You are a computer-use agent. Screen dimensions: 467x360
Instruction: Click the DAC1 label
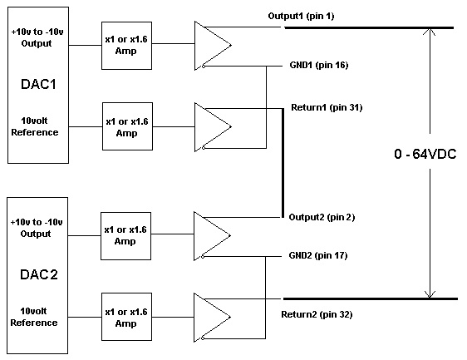[38, 84]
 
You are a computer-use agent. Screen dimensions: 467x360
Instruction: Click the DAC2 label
[39, 274]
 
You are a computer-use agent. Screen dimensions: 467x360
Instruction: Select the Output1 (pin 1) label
[301, 16]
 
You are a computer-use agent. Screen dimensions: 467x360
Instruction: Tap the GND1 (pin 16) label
[319, 65]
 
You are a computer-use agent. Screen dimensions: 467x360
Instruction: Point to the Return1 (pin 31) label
[327, 107]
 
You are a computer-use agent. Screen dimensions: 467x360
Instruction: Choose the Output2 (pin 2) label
[322, 217]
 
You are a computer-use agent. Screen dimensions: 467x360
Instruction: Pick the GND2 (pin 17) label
[318, 255]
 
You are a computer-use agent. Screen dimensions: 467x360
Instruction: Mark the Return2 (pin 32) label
[317, 314]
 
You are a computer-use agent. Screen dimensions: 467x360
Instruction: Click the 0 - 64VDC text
[425, 154]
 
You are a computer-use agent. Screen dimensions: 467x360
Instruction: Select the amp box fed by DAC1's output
[126, 46]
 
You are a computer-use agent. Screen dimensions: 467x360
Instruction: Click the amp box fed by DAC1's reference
[127, 126]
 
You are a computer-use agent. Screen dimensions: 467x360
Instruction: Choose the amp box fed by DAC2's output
[125, 236]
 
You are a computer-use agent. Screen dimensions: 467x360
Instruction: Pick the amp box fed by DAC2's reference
[126, 317]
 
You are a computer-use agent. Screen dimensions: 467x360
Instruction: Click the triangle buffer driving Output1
[213, 46]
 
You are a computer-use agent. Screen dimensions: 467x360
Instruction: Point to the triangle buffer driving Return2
[212, 318]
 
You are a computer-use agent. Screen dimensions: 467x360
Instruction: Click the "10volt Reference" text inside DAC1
[35, 126]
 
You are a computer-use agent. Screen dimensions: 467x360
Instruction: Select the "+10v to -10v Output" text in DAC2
[37, 228]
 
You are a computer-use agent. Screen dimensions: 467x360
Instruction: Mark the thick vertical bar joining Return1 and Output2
[283, 163]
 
